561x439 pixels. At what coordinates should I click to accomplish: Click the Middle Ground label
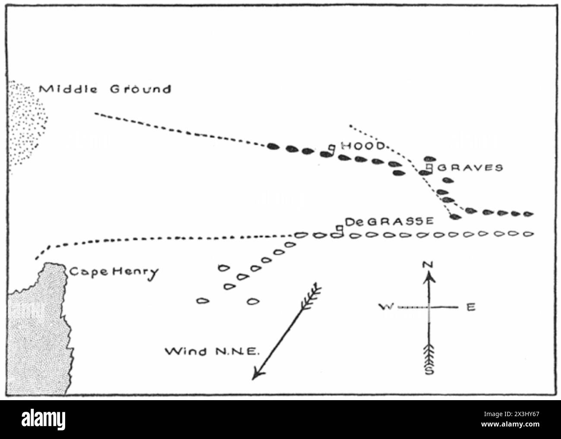coord(105,89)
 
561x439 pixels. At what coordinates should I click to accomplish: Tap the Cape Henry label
coord(113,272)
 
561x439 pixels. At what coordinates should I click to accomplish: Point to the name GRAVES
coord(470,167)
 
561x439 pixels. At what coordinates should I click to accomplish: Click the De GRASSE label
coord(389,221)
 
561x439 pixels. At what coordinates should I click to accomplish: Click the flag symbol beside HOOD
coord(331,148)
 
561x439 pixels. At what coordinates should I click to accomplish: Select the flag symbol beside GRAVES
coord(429,167)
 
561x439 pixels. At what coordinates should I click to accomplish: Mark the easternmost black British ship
coord(528,214)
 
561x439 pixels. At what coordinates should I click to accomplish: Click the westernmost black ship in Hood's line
coord(272,146)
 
